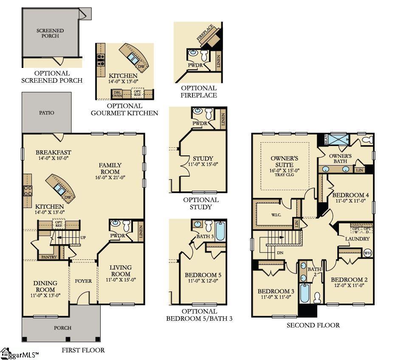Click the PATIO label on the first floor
click(47, 113)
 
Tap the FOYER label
click(83, 281)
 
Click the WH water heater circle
click(367, 253)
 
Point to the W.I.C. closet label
click(276, 215)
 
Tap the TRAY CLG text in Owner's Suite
click(285, 174)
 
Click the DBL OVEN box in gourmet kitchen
click(117, 93)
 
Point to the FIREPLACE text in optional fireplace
click(206, 33)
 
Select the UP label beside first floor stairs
click(83, 237)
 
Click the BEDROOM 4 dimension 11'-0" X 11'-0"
click(350, 201)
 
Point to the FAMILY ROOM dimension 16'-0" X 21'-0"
click(110, 177)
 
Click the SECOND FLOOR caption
click(313, 325)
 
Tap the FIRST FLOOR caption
click(83, 350)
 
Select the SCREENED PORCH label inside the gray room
click(50, 33)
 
